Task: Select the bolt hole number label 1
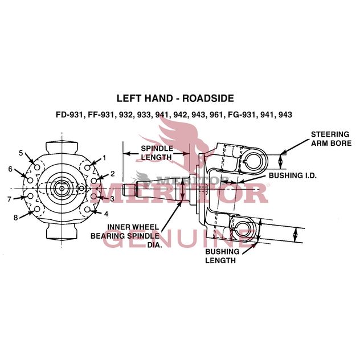coord(104,158)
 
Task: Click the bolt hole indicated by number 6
coord(30,180)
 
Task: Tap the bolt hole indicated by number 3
coord(95,197)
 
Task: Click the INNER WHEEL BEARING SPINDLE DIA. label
coord(126,235)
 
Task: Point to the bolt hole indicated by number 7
coord(30,197)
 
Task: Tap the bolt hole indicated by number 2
coord(94,180)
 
